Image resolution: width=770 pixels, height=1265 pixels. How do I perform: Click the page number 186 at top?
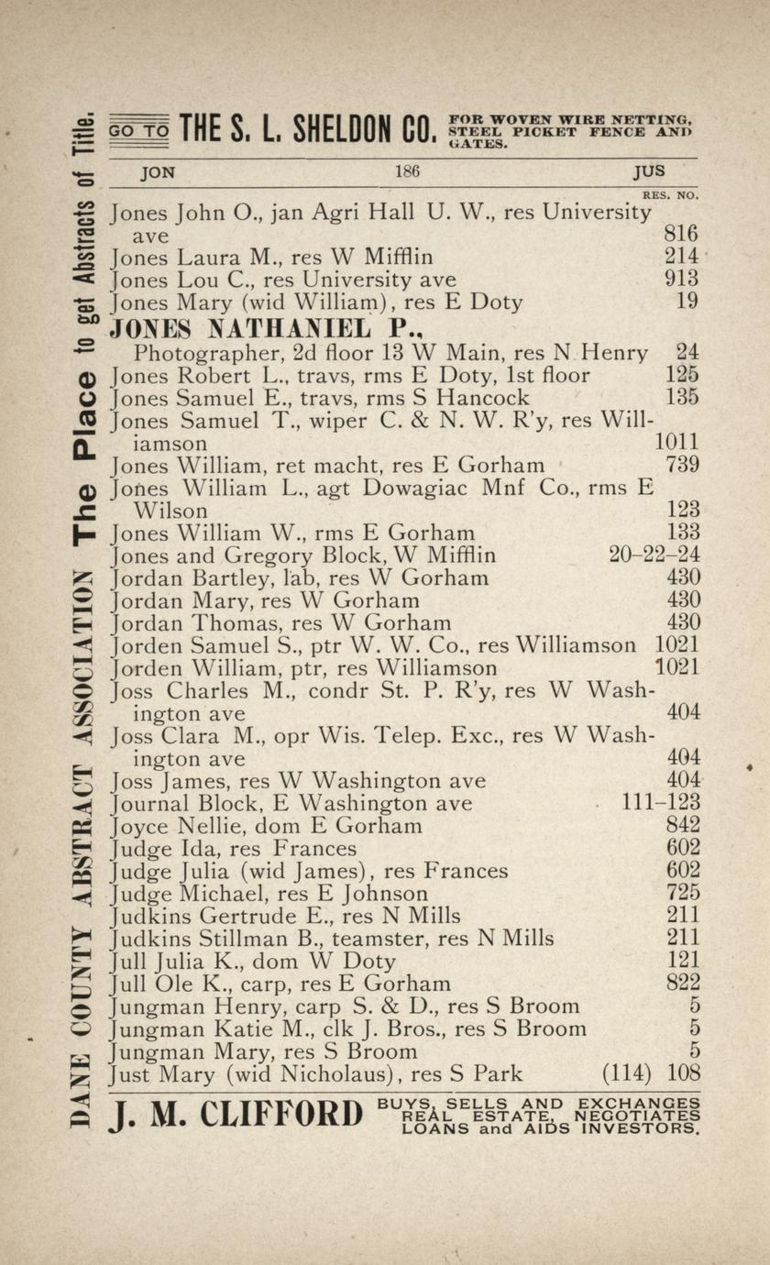pyautogui.click(x=407, y=171)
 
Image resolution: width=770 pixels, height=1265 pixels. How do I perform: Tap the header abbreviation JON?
pyautogui.click(x=158, y=171)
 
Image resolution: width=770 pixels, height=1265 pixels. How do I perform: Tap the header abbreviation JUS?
pyautogui.click(x=648, y=171)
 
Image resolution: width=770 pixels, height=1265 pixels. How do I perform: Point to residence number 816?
pyautogui.click(x=681, y=235)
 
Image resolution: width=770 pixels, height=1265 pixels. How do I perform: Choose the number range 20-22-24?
pyautogui.click(x=654, y=555)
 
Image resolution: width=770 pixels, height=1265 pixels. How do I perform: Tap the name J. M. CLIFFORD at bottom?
pyautogui.click(x=236, y=1116)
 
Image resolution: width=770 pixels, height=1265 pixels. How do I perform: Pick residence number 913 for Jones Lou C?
pyautogui.click(x=681, y=280)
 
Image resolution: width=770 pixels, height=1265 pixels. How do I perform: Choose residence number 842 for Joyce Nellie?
pyautogui.click(x=682, y=826)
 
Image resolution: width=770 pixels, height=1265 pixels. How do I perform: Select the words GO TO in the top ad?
pyautogui.click(x=138, y=132)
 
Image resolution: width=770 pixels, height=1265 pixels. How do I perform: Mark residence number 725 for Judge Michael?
pyautogui.click(x=682, y=893)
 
